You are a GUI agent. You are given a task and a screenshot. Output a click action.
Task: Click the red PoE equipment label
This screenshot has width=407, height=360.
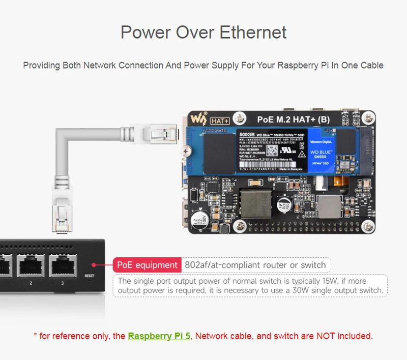coord(147,265)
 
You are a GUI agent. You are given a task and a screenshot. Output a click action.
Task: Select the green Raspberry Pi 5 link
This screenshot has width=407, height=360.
coord(159,336)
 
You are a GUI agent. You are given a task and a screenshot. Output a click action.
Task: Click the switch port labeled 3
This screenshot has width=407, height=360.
coord(63,266)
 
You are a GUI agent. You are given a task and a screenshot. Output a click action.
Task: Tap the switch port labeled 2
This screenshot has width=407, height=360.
coord(31,266)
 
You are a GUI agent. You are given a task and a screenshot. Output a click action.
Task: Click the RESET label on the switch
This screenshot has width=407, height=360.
coord(90,276)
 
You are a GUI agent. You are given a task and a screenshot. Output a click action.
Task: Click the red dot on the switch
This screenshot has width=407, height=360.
coord(93,264)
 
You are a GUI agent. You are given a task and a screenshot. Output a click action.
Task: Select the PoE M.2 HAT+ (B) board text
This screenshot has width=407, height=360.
coord(286,121)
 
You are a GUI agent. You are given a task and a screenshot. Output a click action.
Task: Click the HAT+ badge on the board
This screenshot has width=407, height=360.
coord(220,121)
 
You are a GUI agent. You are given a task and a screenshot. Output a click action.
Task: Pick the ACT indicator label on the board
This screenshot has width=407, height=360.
coord(345,116)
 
